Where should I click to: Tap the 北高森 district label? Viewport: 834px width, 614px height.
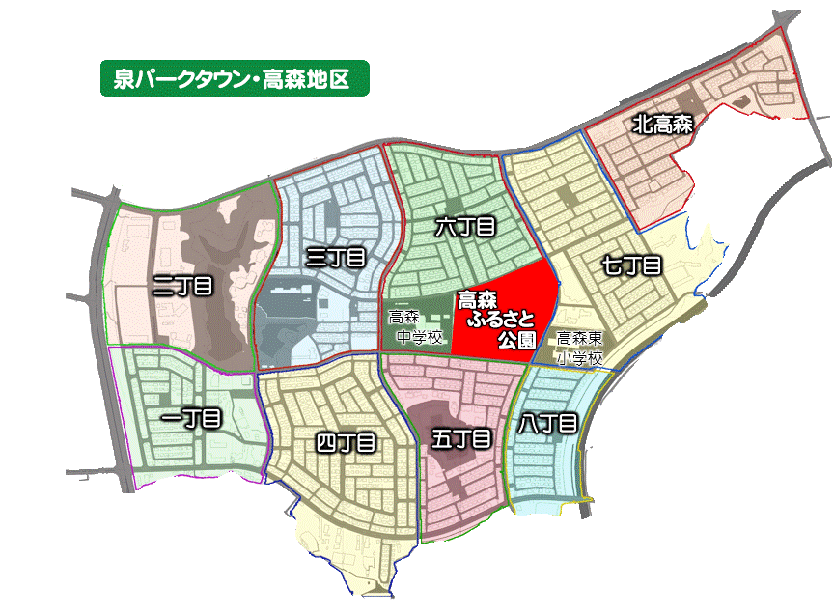663,124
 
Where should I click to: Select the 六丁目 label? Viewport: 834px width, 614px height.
465,228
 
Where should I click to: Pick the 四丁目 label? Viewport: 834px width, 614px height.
346,443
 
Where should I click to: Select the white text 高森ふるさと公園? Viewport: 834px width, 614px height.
495,320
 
